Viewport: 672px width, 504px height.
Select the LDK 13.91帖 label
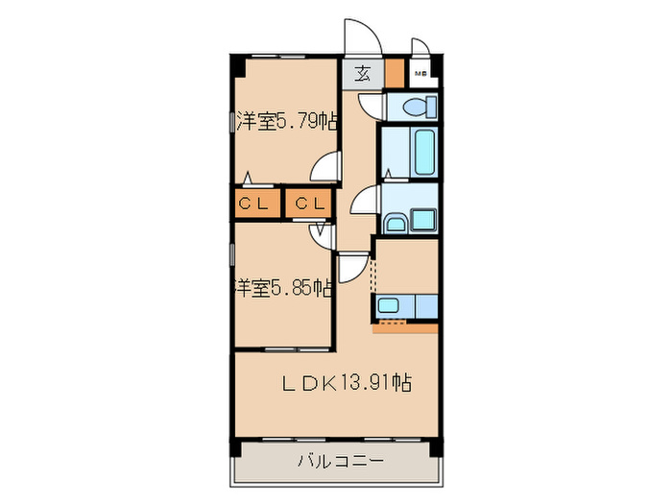click(347, 383)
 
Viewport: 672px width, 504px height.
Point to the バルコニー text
click(335, 461)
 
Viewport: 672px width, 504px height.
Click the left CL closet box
click(254, 204)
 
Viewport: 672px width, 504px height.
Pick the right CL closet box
click(308, 204)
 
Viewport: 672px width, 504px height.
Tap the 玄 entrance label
click(363, 74)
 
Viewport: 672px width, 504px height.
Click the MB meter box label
click(420, 74)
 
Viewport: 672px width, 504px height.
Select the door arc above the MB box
click(420, 50)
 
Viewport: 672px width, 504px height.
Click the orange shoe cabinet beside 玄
click(394, 73)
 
